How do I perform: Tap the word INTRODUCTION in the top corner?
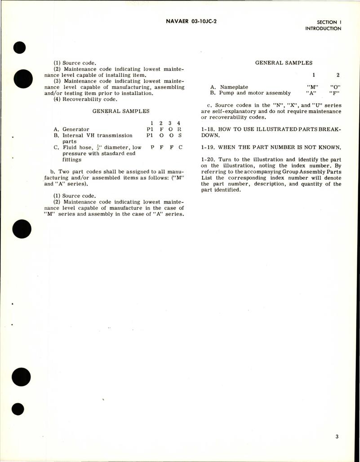(323, 29)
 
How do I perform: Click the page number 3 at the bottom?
(337, 435)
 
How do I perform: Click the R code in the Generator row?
(178, 129)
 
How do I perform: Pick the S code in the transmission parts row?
(178, 135)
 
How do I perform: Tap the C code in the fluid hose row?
(178, 147)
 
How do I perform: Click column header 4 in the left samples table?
(178, 123)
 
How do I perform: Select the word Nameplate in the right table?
(233, 87)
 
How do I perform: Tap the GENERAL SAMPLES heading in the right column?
(284, 63)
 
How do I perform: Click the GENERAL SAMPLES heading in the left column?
(120, 111)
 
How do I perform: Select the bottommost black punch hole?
(18, 409)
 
